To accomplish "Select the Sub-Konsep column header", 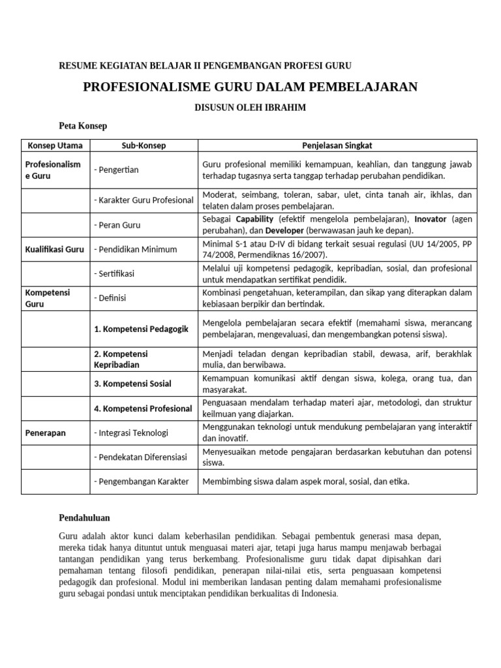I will click(144, 145).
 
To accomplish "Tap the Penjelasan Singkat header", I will click(337, 145).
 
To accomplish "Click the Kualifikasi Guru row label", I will click(55, 249).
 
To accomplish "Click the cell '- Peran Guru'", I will click(117, 225).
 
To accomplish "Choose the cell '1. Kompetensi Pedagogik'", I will click(141, 329).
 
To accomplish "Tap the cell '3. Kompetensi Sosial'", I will click(132, 384).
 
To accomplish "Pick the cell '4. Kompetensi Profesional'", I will click(143, 408).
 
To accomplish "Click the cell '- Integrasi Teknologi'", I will click(131, 433).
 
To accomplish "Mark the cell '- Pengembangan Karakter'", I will click(141, 481).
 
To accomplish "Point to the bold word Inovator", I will click(431, 219).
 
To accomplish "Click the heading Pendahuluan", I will click(84, 517).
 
